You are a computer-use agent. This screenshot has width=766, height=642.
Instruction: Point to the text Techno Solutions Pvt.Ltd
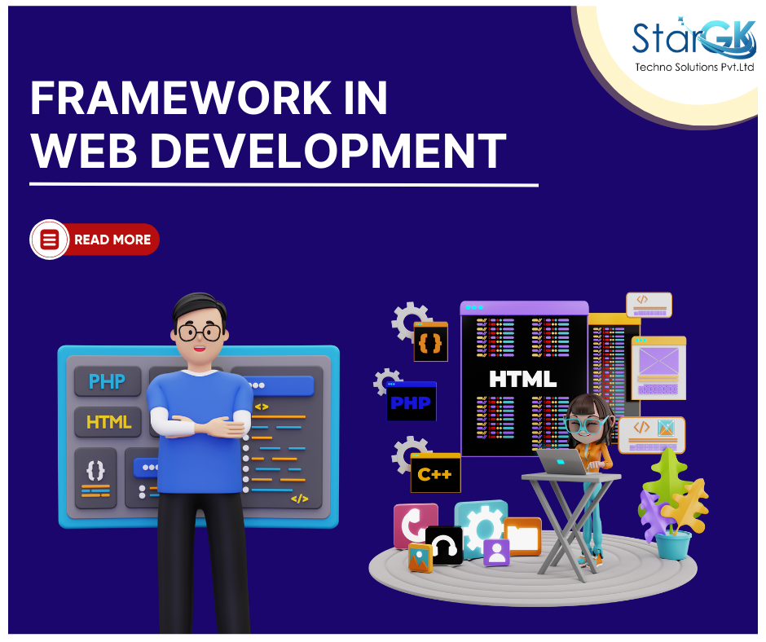click(x=694, y=67)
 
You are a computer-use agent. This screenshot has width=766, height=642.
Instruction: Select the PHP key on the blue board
click(x=108, y=381)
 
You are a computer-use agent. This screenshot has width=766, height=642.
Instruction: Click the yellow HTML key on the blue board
click(x=108, y=422)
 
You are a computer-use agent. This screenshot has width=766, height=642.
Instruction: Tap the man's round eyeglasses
click(x=200, y=332)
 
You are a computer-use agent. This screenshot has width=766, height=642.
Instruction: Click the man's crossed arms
click(x=200, y=424)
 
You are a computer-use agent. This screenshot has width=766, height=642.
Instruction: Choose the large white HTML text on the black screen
click(x=522, y=379)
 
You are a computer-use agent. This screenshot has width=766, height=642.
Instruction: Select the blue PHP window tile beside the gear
click(x=411, y=402)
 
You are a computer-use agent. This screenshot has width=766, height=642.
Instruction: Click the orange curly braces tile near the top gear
click(x=431, y=341)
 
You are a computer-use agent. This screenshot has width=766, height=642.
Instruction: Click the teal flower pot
click(x=673, y=545)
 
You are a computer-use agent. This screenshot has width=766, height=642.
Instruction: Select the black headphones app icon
click(x=444, y=545)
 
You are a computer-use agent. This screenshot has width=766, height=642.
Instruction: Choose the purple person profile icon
click(x=496, y=552)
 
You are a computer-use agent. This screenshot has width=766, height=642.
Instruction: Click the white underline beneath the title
click(x=284, y=185)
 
